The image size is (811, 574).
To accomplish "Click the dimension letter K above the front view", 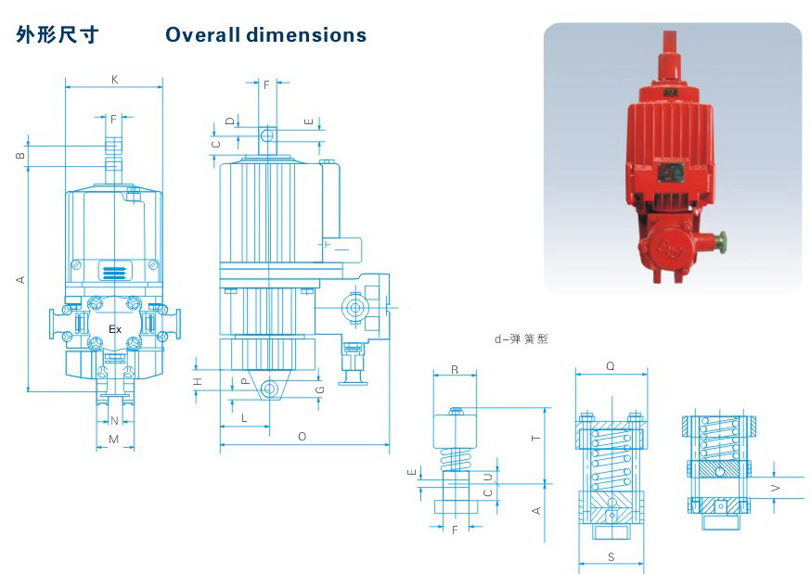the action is point(114,80).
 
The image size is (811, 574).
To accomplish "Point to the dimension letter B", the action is point(20,155).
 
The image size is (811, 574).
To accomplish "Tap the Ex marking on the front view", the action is point(115,329).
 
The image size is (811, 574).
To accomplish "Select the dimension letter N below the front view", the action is point(114,421).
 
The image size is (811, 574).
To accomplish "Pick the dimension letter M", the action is point(114,440).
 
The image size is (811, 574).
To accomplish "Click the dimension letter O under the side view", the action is point(303,437).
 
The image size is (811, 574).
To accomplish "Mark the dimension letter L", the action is point(244,417).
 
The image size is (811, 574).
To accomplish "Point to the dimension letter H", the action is point(198,382).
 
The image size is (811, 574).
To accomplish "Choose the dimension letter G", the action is point(319,389).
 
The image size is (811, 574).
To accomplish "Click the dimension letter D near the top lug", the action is point(230,121).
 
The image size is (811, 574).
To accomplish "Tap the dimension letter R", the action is point(455,370).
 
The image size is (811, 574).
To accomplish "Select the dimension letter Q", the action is point(611,366).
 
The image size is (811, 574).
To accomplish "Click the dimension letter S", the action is point(611,556).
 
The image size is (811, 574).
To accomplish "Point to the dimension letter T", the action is point(535,438).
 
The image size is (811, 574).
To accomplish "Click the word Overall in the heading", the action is point(202,35).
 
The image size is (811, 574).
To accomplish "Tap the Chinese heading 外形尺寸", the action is point(57,34).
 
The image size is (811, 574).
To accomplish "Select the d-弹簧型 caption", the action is point(521,338).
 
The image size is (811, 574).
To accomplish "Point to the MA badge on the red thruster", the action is point(670,93).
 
